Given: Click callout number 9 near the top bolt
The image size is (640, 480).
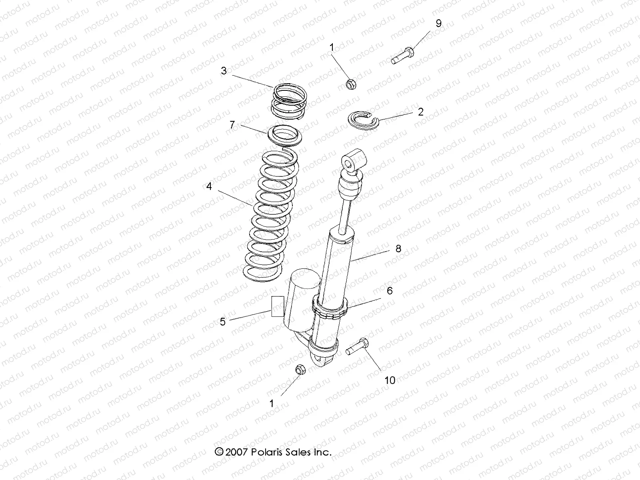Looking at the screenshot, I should pyautogui.click(x=438, y=24).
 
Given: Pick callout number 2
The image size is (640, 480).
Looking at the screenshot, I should pyautogui.click(x=420, y=112).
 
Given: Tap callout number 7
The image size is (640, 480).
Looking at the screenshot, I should pyautogui.click(x=232, y=124).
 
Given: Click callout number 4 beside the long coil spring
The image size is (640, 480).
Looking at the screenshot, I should pyautogui.click(x=209, y=186).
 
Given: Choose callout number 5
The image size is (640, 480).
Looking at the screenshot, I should pyautogui.click(x=223, y=322).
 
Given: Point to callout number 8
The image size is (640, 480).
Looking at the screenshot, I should pyautogui.click(x=398, y=248).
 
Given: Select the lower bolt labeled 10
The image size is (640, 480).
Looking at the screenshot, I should pyautogui.click(x=357, y=347).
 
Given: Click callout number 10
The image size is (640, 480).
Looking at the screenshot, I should pyautogui.click(x=390, y=380).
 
